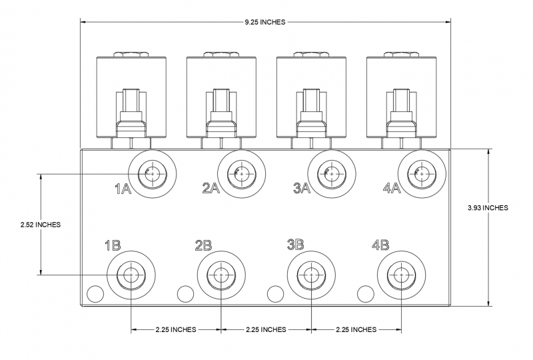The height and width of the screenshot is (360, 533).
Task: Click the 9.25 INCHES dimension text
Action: pos(265,22)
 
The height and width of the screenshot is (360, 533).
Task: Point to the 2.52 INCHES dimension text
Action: pos(41,224)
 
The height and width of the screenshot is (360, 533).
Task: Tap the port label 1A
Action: pos(123,189)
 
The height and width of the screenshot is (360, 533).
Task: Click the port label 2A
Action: pos(211,189)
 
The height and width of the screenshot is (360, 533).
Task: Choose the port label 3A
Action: pos(302,189)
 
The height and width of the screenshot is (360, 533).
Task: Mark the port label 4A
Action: pos(392,189)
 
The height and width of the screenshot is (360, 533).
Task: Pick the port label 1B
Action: pos(112,245)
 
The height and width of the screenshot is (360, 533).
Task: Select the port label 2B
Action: pos(203,245)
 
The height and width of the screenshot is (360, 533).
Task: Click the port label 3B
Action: pos(294,245)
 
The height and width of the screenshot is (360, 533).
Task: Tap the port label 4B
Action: pos(380,245)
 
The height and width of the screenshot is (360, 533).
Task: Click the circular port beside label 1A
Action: pos(152,173)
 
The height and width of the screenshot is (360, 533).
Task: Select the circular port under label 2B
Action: pos(220,274)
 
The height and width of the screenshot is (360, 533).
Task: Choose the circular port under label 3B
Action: pos(310,274)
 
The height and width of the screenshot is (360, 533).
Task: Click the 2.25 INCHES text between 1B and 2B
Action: pos(175,329)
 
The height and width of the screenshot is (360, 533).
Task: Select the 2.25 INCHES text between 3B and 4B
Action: pos(356,329)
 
